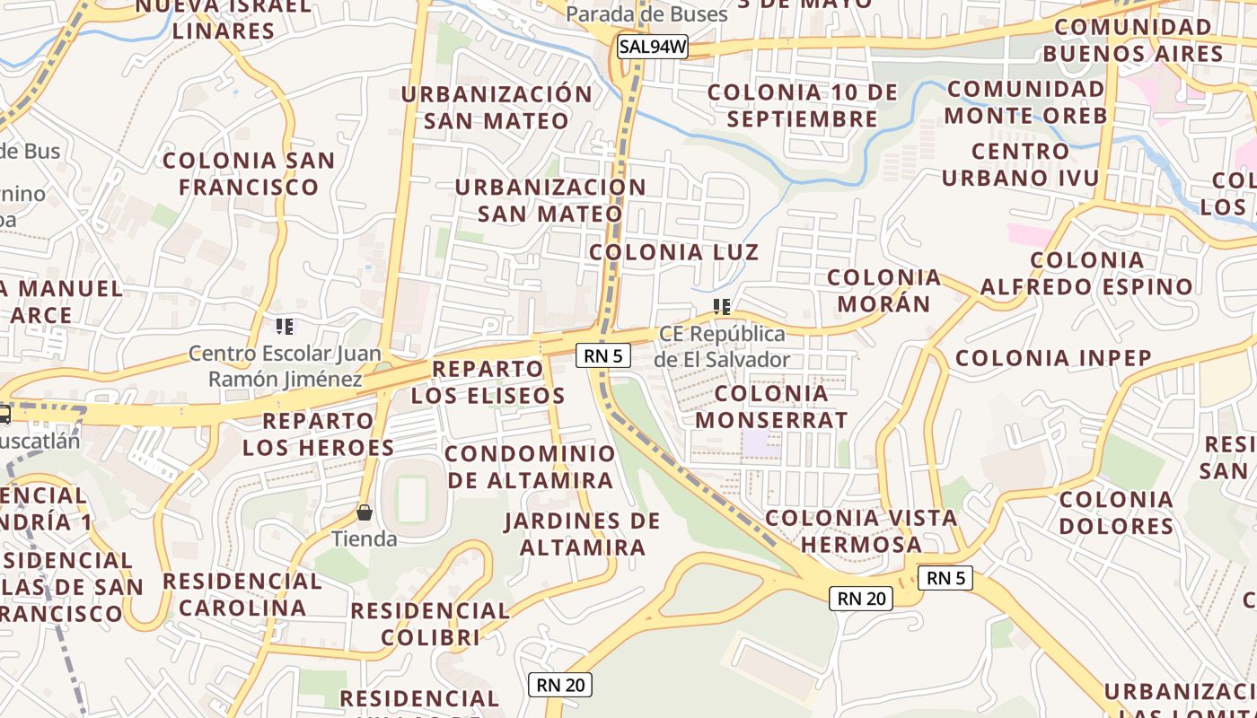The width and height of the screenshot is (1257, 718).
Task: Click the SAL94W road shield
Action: coord(653,48)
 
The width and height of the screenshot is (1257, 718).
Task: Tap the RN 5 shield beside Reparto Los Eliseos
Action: coord(602,355)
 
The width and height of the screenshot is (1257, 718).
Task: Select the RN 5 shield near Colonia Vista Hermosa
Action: coord(945,578)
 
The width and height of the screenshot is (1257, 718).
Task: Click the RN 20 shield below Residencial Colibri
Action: coord(560,685)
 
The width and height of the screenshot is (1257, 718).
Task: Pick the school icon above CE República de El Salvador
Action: coord(721,308)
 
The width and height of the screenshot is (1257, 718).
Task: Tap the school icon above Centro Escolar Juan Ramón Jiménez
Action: coord(285,327)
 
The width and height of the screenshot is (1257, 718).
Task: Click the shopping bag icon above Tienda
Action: coord(365,513)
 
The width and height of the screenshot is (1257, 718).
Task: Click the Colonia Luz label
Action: coord(673,252)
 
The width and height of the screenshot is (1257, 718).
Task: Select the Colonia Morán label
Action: coord(884,290)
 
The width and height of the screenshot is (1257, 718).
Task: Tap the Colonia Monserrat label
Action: coord(771,407)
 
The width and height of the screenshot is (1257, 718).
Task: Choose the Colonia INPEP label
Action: coord(1053,358)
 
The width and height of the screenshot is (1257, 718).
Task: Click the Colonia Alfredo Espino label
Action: coord(1086,274)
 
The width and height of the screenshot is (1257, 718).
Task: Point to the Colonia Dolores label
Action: coord(1116,512)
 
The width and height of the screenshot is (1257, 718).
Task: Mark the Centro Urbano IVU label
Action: coord(1020,164)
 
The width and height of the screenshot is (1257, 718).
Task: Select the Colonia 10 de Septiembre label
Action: coord(803,105)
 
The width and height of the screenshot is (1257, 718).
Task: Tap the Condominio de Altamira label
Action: coord(530,467)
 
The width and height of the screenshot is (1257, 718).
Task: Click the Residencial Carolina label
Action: coord(242,594)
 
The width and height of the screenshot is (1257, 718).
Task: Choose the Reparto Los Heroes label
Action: coord(318,433)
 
